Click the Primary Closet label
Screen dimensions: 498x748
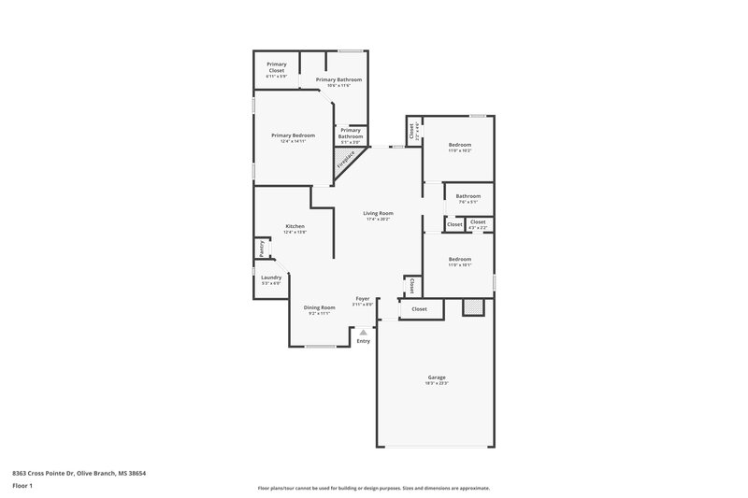[276, 66]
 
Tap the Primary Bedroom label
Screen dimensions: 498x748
[293, 135]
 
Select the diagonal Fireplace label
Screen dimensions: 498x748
[346, 162]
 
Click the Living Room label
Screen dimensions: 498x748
[378, 213]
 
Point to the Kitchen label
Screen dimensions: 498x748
[295, 226]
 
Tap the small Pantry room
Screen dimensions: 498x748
[261, 249]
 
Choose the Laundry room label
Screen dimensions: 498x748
[271, 277]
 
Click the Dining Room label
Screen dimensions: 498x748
[319, 307]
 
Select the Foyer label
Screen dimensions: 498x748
[363, 299]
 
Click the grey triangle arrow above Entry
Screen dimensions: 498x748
[364, 331]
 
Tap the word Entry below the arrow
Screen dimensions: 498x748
[364, 340]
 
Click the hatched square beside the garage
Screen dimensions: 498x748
[474, 306]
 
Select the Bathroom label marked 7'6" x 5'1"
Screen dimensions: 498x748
[467, 196]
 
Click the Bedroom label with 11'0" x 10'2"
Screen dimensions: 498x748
[459, 145]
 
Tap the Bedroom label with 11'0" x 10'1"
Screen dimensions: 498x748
[459, 259]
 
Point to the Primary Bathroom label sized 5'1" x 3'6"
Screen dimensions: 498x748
[351, 134]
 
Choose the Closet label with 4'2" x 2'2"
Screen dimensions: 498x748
[478, 222]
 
